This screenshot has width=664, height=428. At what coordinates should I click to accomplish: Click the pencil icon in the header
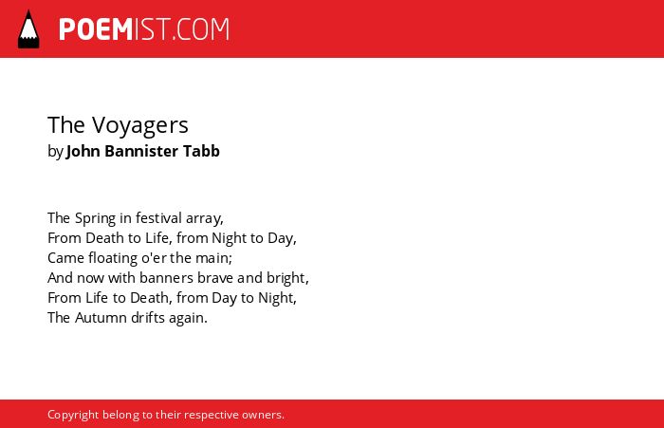[28, 28]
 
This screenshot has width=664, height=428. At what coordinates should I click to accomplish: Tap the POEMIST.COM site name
[144, 29]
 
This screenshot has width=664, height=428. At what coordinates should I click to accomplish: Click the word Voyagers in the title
[140, 126]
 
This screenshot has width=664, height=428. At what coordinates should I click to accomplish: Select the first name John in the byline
[83, 151]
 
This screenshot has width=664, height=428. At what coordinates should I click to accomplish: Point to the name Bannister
[141, 151]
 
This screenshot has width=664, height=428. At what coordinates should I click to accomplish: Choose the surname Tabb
[201, 151]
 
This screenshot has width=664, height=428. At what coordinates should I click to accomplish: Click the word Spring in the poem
[95, 218]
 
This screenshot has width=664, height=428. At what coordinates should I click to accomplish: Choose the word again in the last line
[188, 319]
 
